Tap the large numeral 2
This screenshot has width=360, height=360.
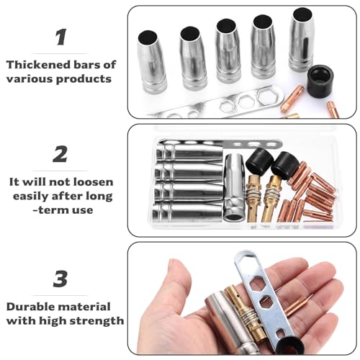click(60, 154)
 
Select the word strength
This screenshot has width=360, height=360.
click(96, 321)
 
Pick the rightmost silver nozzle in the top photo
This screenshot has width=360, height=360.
click(302, 40)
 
